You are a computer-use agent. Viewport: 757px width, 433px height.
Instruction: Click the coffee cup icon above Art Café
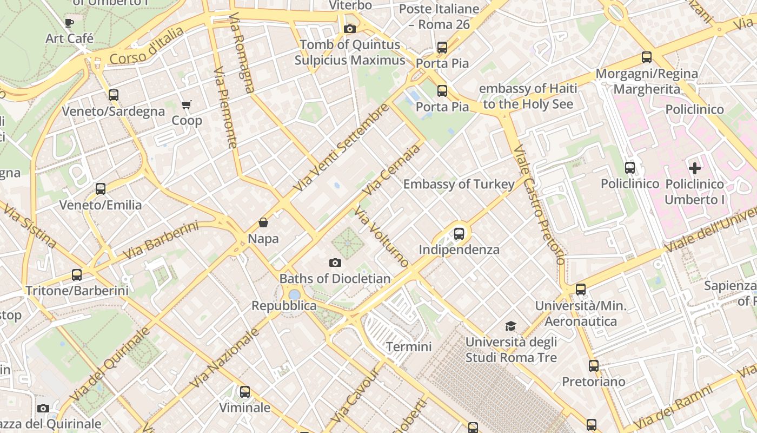69,23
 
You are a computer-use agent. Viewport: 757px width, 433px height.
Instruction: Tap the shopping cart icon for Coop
187,104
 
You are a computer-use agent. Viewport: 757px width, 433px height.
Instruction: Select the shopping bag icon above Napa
263,222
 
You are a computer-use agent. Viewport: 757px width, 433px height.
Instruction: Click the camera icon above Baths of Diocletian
335,263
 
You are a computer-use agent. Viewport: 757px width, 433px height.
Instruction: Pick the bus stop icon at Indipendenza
459,234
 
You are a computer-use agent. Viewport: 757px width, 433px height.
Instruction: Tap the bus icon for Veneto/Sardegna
113,95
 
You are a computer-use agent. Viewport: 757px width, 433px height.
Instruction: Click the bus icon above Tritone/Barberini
77,275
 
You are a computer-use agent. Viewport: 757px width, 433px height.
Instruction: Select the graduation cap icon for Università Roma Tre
510,326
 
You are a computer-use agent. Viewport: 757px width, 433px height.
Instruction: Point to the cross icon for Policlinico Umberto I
695,168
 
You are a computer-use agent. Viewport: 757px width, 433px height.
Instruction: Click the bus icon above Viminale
245,391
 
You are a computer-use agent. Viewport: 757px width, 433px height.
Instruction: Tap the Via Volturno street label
382,237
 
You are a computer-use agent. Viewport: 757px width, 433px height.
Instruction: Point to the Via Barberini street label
160,240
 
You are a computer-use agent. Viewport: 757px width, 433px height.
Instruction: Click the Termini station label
409,346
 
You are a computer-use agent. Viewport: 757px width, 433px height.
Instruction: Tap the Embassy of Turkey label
459,184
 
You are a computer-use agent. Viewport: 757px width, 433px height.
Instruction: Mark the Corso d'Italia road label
147,46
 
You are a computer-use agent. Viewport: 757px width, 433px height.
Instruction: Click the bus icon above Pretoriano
594,366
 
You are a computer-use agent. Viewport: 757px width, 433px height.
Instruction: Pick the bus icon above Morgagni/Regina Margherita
647,57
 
